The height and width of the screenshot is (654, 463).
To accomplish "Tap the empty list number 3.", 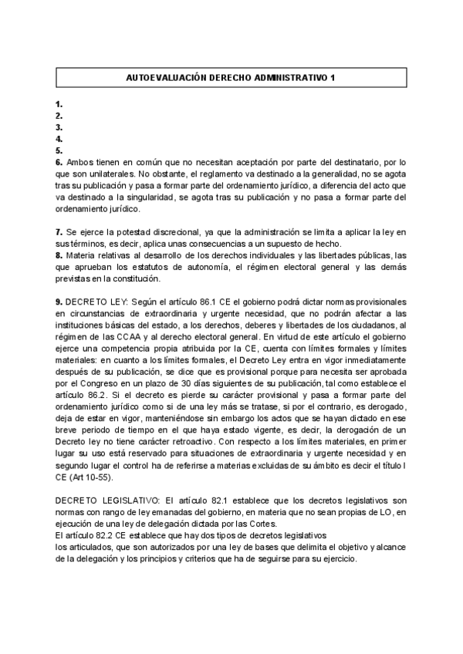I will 59,127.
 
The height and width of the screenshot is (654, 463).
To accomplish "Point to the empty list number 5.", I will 59,150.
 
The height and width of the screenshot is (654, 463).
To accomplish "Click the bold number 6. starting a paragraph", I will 59,163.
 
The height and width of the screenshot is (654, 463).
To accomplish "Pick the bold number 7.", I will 59,232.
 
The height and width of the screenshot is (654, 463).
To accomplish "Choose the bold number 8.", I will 59,255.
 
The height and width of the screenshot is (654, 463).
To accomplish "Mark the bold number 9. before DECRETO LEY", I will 59,302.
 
